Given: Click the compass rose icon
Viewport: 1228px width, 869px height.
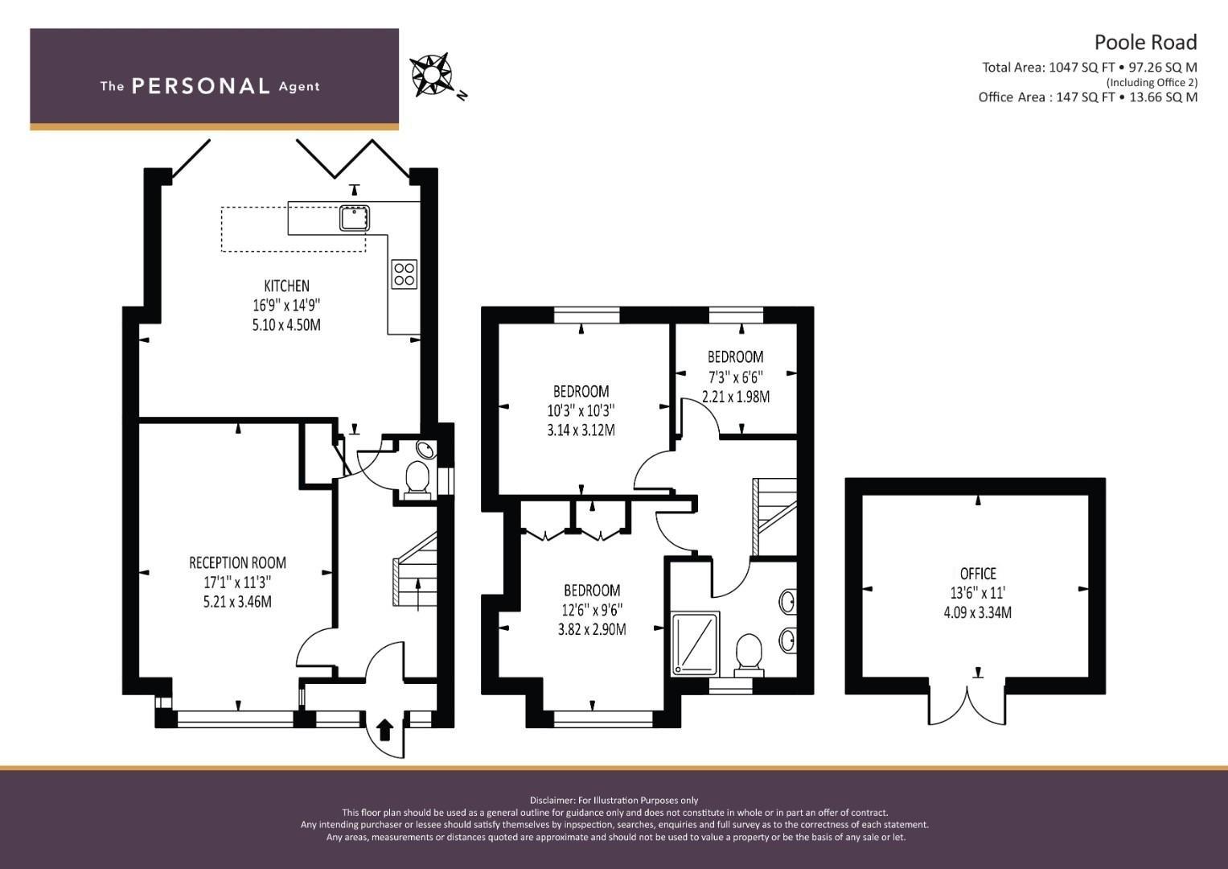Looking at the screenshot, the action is click(432, 75).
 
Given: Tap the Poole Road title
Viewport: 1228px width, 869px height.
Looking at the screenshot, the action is click(1145, 42).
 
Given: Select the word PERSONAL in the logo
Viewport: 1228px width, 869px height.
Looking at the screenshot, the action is click(201, 86).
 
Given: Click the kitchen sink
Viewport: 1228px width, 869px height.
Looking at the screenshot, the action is click(355, 218).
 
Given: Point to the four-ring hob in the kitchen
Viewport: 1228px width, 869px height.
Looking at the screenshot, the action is click(405, 274).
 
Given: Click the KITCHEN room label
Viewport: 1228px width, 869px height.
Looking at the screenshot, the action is click(287, 286).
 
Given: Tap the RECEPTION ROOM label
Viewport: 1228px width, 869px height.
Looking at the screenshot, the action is click(237, 563).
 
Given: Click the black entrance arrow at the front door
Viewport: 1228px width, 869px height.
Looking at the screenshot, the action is click(385, 730).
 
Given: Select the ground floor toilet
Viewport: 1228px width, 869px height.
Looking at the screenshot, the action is click(417, 480).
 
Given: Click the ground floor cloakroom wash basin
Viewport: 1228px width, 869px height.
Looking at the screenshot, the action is click(426, 449).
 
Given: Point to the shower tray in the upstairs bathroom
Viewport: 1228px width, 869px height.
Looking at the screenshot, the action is click(695, 644).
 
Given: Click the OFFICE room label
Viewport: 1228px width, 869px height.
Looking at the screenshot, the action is click(978, 574).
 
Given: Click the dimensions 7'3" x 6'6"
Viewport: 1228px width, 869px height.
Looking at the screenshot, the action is click(735, 377).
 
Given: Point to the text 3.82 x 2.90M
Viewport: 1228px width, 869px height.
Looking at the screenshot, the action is click(592, 629).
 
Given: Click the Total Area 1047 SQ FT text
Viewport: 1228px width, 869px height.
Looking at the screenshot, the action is click(1046, 68).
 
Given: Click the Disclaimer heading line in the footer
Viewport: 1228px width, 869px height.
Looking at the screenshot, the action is click(614, 801).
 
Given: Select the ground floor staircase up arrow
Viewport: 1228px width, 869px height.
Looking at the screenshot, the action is click(419, 594).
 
